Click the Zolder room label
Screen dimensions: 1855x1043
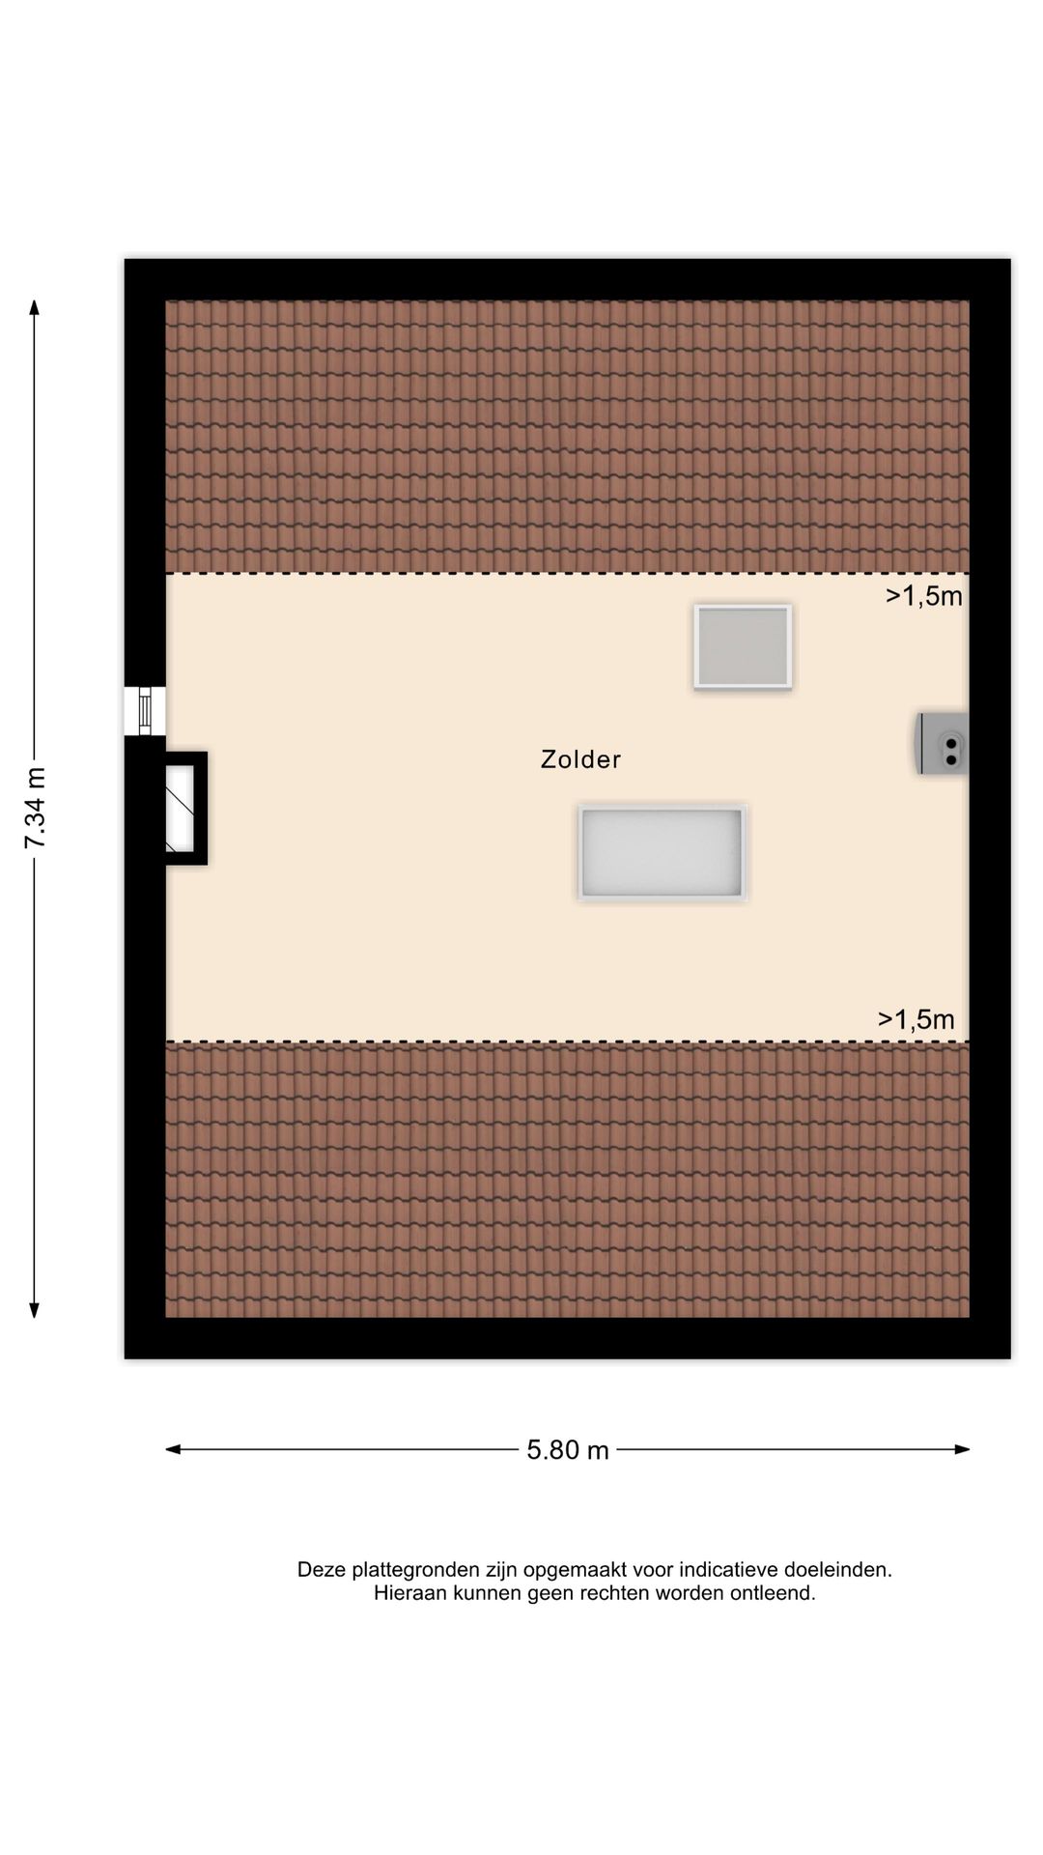[580, 759]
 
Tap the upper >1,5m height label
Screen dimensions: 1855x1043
[924, 597]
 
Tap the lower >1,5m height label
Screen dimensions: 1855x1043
[916, 1019]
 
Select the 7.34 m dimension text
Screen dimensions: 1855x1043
[35, 808]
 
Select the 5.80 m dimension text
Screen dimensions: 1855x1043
[568, 1449]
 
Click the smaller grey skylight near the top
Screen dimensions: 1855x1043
[743, 646]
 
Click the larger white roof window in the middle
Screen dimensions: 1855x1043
[662, 853]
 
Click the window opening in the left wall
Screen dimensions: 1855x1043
[145, 711]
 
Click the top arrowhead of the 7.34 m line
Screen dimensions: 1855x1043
[35, 307]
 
